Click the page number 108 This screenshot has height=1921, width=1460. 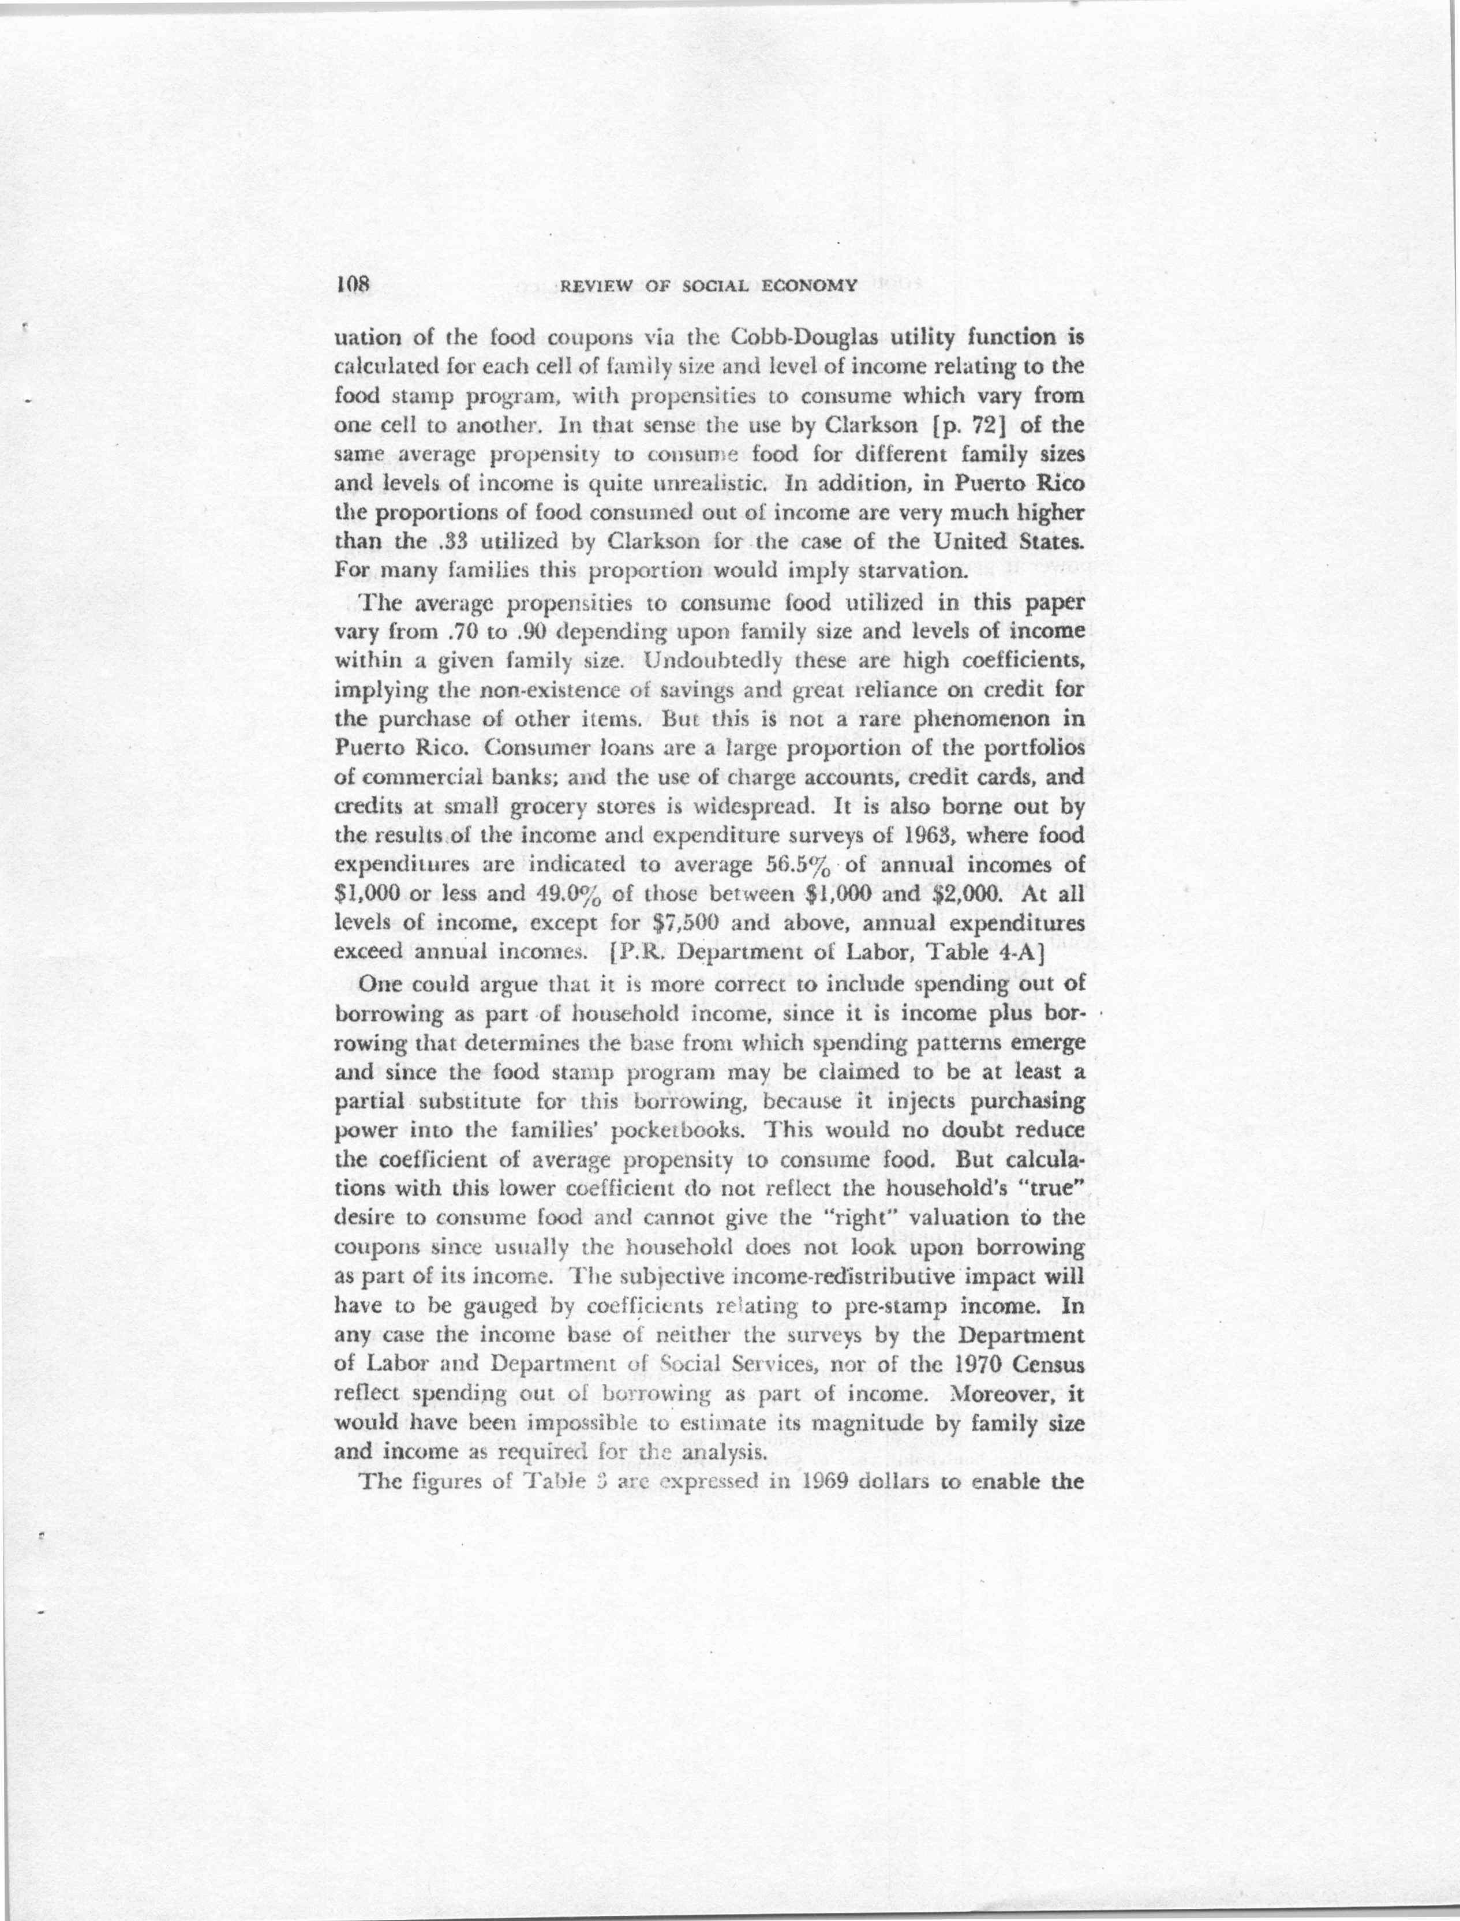(354, 283)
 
